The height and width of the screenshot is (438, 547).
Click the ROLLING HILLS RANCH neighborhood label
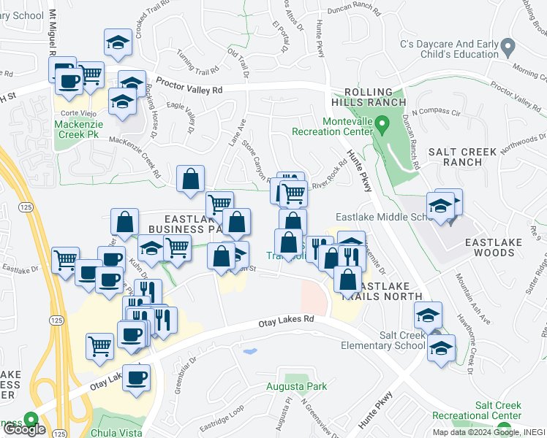coord(363,96)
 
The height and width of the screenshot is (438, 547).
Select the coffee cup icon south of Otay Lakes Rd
coord(136,378)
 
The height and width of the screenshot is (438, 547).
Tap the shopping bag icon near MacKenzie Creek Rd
coord(190,179)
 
